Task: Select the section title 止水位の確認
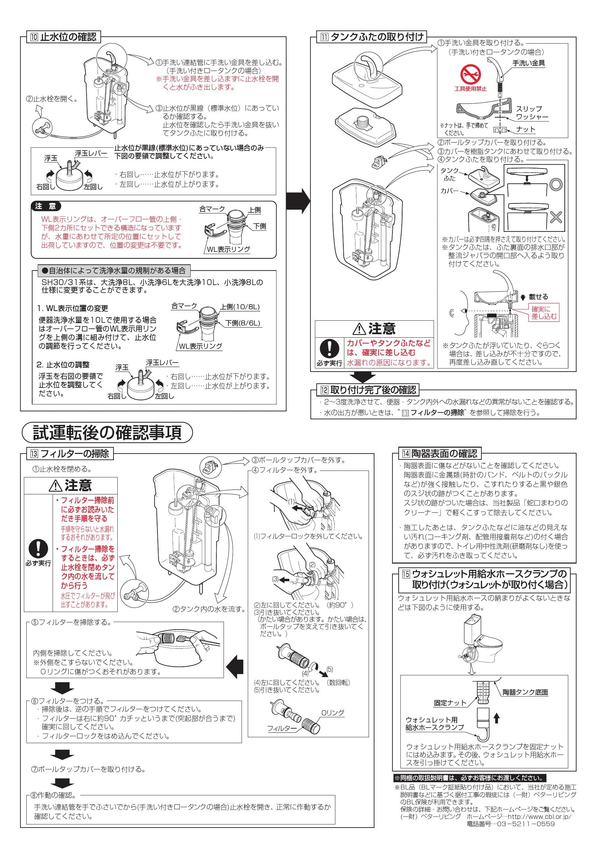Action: point(68,37)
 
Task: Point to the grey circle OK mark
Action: point(556,184)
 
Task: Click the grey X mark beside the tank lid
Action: point(556,217)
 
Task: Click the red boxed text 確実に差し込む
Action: point(544,313)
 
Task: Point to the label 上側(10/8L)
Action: point(239,307)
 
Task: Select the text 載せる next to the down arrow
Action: point(538,297)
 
